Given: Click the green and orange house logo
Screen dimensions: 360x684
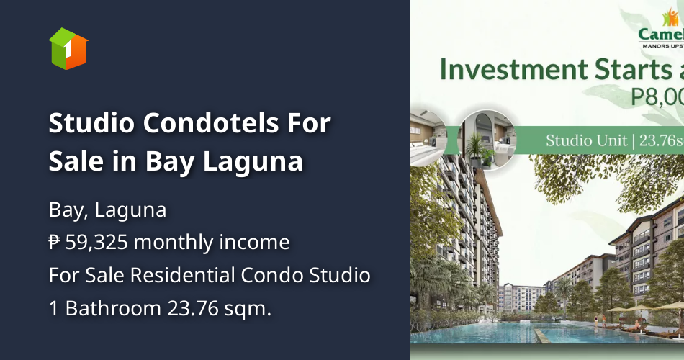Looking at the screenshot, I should click(x=68, y=48).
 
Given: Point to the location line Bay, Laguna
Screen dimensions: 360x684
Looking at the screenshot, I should click(x=107, y=210).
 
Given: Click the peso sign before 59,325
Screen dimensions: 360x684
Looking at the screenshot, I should click(x=54, y=243).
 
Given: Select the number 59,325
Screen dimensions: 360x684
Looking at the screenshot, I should click(x=96, y=243).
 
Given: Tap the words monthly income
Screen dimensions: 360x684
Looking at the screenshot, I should click(x=212, y=243).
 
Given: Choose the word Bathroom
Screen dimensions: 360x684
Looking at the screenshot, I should click(x=112, y=308).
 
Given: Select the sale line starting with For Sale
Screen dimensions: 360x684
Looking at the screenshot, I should click(x=210, y=275).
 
